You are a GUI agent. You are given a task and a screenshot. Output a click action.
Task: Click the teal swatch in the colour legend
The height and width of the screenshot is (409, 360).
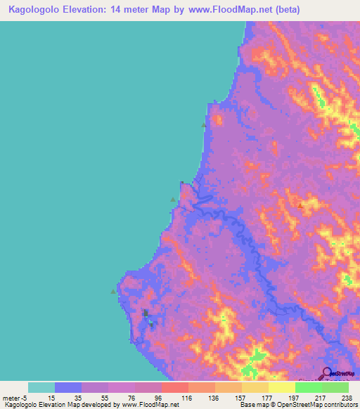tap(41, 387)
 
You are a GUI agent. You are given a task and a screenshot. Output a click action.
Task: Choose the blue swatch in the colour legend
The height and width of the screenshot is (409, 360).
tap(67, 387)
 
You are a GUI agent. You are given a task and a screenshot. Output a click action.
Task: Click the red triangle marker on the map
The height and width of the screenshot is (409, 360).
tap(301, 206)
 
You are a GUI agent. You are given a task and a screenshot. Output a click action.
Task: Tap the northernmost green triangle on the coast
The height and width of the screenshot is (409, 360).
tap(205, 125)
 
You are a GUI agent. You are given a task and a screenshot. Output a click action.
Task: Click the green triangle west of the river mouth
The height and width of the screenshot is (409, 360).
tap(173, 200)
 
